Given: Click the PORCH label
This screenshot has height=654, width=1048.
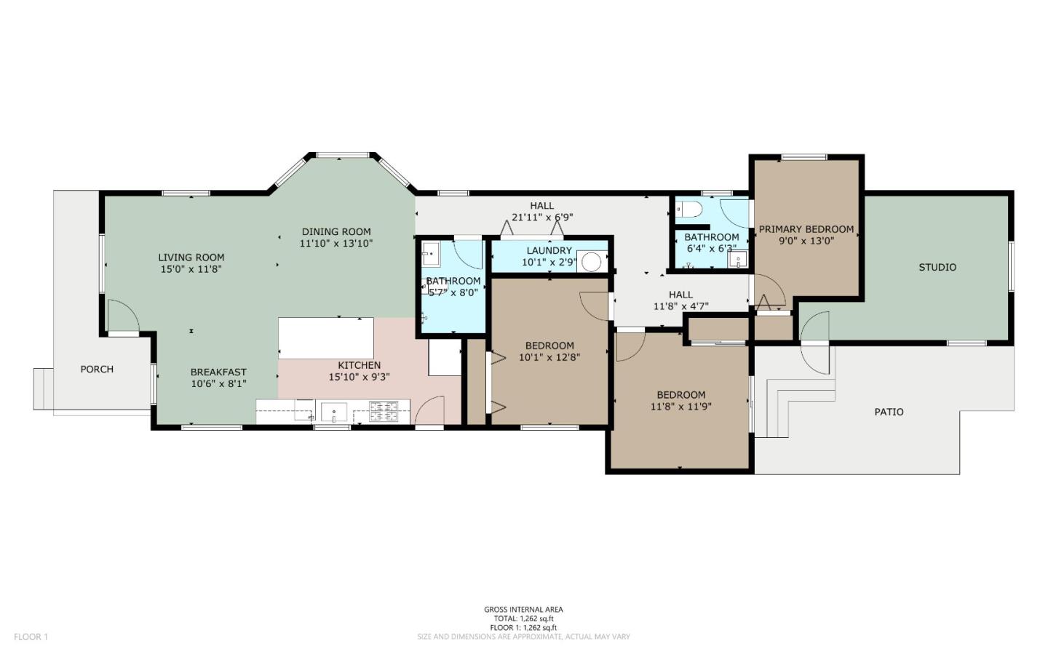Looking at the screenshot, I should [x=97, y=369].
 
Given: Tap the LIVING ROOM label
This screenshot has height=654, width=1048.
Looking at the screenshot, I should [x=191, y=257].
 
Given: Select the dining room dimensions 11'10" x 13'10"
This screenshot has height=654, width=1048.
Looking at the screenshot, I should [x=336, y=244].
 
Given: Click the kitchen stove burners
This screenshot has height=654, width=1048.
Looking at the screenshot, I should [x=384, y=412].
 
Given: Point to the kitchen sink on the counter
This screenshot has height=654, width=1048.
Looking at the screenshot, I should [x=334, y=412].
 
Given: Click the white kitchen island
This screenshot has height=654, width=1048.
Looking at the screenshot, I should [x=326, y=338].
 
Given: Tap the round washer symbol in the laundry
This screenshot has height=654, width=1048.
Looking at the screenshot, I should [x=591, y=262].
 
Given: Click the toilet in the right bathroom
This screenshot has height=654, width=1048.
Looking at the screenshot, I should [x=688, y=210].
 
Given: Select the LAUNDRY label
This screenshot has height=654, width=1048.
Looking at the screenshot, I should [x=549, y=250].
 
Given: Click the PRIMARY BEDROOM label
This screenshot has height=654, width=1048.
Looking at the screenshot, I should [x=806, y=229].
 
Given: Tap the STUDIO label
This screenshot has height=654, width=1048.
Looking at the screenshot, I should [x=937, y=267].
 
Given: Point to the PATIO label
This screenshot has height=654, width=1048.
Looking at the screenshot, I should [x=889, y=412].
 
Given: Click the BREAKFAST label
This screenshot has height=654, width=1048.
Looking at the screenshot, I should [x=218, y=372].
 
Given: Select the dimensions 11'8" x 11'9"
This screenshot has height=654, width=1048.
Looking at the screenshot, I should [x=680, y=407].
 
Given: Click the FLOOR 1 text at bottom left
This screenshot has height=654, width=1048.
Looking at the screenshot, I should [x=31, y=637].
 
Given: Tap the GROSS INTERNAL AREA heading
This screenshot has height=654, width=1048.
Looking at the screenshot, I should [x=523, y=610].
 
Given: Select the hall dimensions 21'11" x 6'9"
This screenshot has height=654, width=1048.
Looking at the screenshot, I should [x=542, y=217].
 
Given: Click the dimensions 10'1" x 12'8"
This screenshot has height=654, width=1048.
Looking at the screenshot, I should [x=549, y=357].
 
